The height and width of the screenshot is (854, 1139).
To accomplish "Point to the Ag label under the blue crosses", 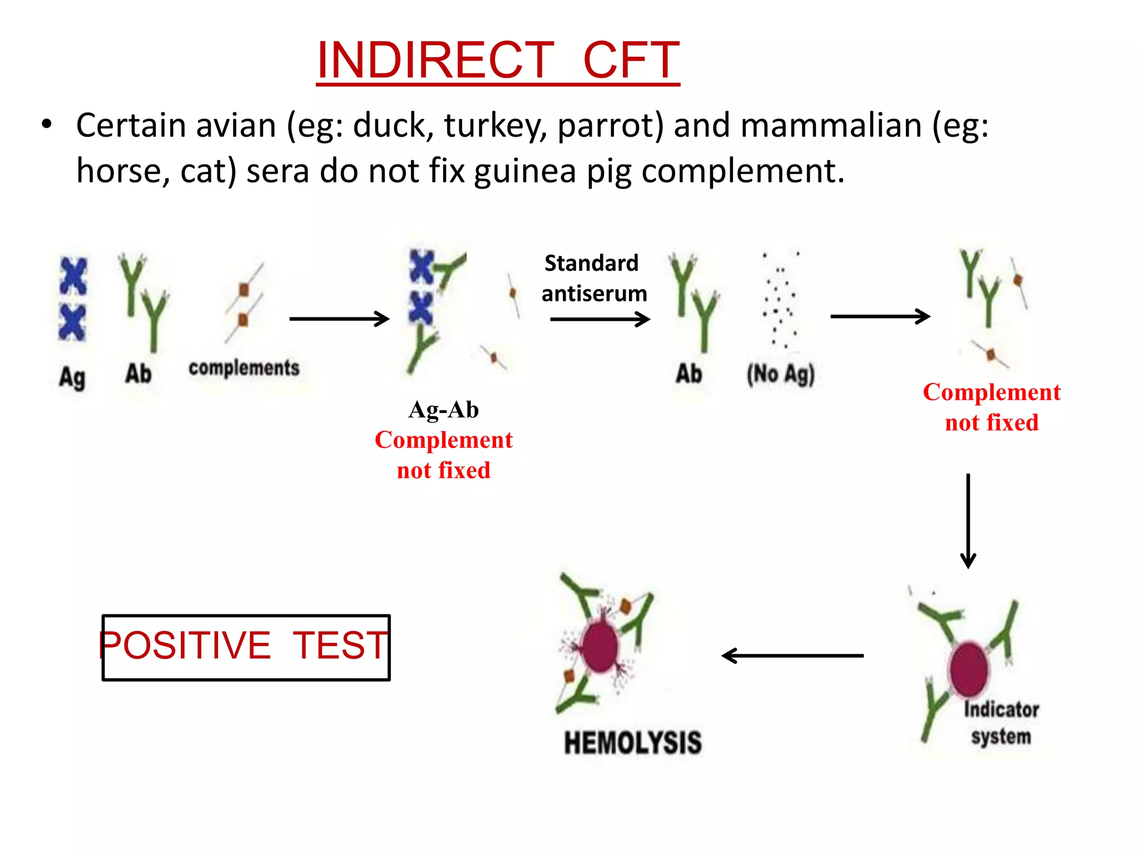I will click(x=72, y=377).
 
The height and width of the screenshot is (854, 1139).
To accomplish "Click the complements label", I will click(x=244, y=368).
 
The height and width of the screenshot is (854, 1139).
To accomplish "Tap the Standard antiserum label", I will click(x=593, y=278).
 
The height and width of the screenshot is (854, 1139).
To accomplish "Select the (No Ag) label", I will click(x=780, y=374).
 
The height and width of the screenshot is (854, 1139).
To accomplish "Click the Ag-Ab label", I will click(x=443, y=410).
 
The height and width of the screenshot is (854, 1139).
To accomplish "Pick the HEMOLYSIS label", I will click(x=633, y=743).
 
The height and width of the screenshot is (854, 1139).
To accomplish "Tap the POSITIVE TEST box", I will click(x=246, y=647).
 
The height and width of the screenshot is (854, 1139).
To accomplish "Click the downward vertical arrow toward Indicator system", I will click(x=968, y=520).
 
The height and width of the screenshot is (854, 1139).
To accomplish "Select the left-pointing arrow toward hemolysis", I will click(x=793, y=656).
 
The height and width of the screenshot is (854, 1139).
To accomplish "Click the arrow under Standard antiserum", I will click(x=600, y=319).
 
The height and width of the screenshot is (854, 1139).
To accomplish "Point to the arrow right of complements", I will click(x=339, y=319).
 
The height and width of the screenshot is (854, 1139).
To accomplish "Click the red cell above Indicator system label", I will click(x=969, y=668).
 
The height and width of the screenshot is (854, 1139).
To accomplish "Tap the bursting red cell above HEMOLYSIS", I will click(x=600, y=646).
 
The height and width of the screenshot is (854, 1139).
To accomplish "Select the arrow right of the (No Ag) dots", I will click(x=880, y=316).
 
